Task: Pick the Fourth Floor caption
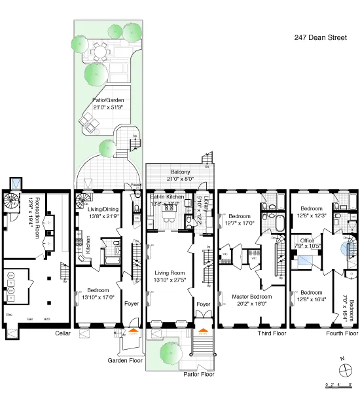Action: point(342,333)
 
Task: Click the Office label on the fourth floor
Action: point(308,244)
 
